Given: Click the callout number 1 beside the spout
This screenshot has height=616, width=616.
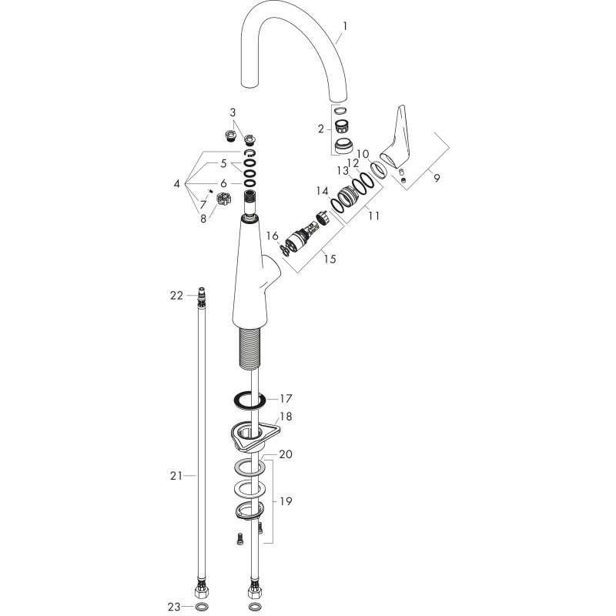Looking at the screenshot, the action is (x=344, y=26).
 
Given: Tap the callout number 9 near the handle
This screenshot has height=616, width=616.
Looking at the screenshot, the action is (x=437, y=178).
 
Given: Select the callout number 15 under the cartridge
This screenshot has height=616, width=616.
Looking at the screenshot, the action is (x=330, y=259).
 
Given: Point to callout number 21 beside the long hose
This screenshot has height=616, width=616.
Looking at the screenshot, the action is (x=176, y=476).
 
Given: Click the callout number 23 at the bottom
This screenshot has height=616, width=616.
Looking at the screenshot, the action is (x=174, y=607).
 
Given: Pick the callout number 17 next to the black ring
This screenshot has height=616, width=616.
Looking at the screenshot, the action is (x=286, y=398).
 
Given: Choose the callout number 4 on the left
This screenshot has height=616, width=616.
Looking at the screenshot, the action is (x=177, y=183).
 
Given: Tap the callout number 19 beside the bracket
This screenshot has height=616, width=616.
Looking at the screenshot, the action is (x=286, y=501).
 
